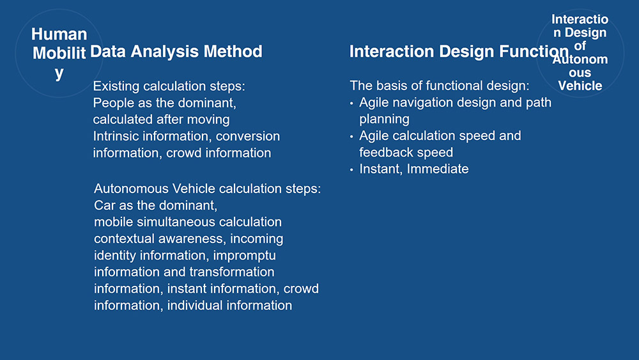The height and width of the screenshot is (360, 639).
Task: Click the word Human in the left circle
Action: click(59, 35)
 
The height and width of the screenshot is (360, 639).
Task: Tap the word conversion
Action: click(248, 136)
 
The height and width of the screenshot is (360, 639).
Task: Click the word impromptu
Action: click(245, 256)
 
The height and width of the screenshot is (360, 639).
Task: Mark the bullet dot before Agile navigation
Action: click(351, 104)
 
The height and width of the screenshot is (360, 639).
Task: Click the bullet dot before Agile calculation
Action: click(351, 137)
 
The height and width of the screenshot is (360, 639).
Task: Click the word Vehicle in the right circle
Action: click(580, 86)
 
